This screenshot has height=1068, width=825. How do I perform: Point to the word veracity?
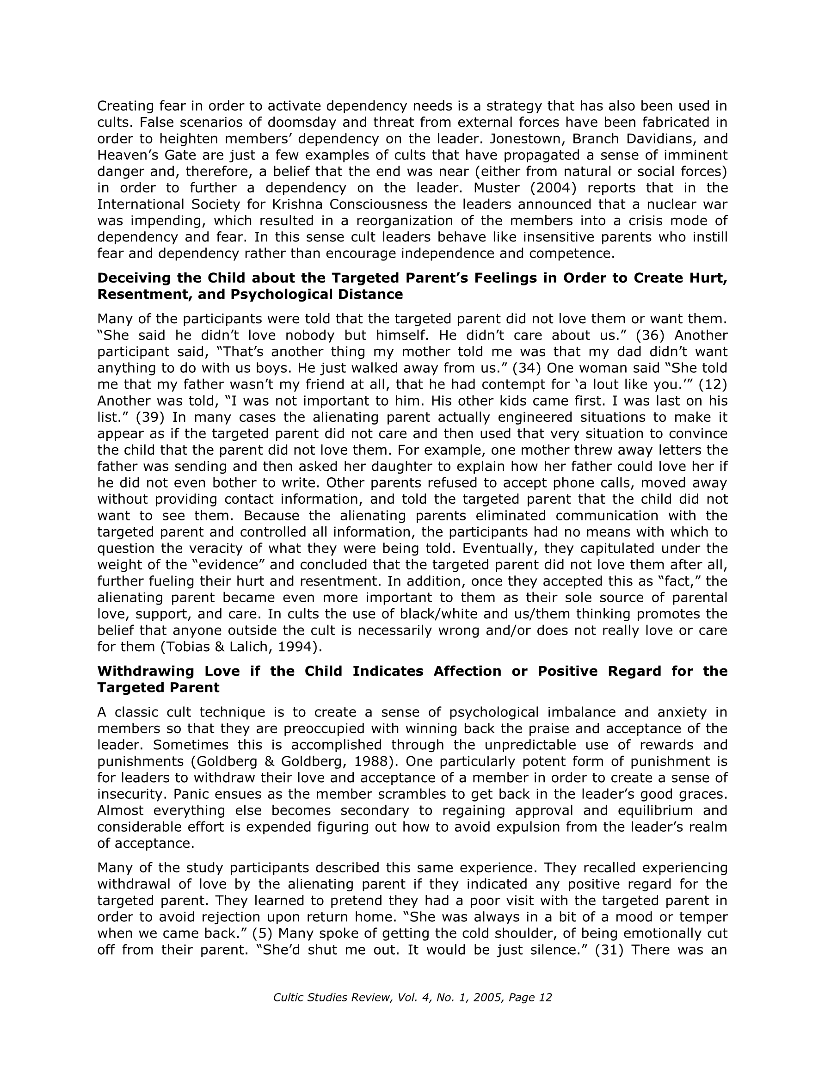point(249,548)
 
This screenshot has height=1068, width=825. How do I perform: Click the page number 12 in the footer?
point(544,998)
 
